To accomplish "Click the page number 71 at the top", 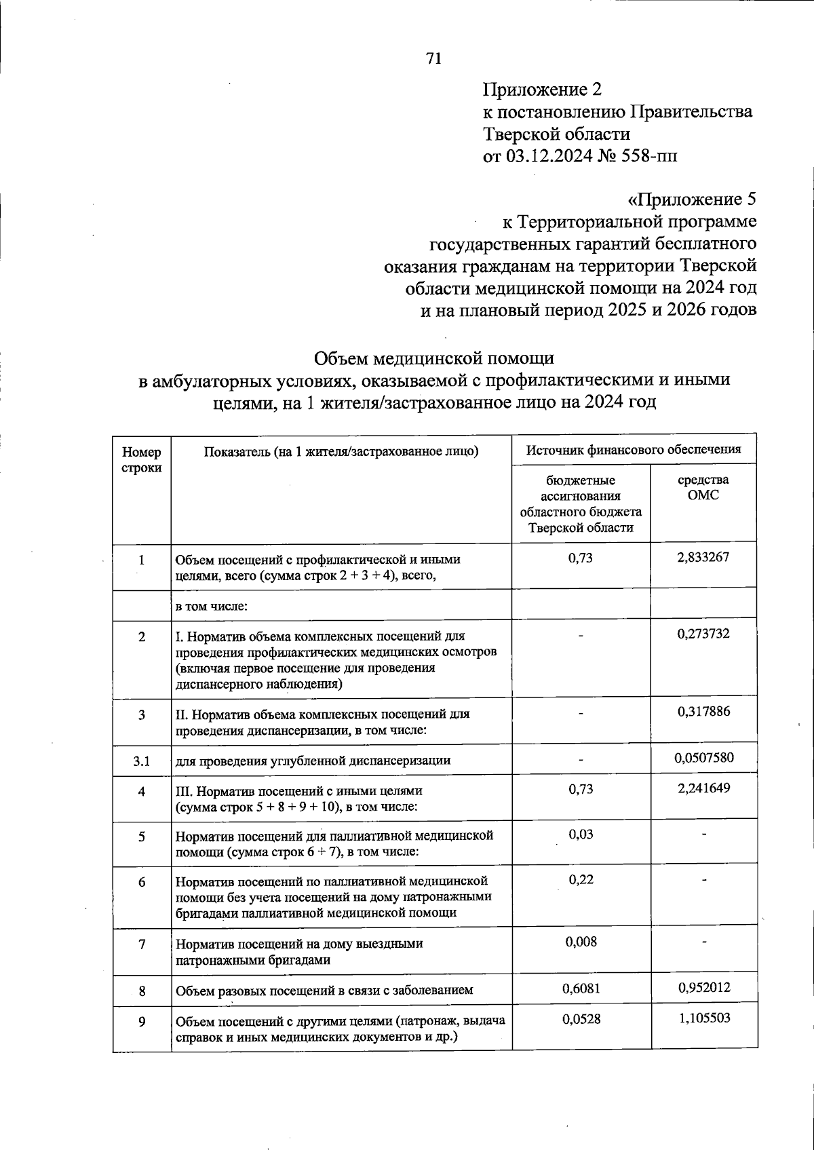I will tap(434, 59).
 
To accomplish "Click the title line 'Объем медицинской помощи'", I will tap(434, 358).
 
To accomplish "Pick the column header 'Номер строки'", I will tap(142, 460).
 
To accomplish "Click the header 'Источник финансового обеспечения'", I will tap(634, 449).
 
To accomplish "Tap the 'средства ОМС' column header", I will tap(703, 487).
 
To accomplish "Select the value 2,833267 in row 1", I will tap(703, 558).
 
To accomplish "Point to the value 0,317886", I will tap(703, 712).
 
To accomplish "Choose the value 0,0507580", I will tap(703, 757).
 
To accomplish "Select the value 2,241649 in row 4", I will tap(703, 788).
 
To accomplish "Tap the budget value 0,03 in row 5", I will tap(581, 835).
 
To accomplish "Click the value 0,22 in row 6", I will tap(581, 879).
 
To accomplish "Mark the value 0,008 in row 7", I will tap(581, 942).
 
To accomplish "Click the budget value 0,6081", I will tap(581, 989).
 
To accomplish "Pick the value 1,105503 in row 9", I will tap(703, 1018).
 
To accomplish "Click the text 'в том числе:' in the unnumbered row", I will tap(211, 606).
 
